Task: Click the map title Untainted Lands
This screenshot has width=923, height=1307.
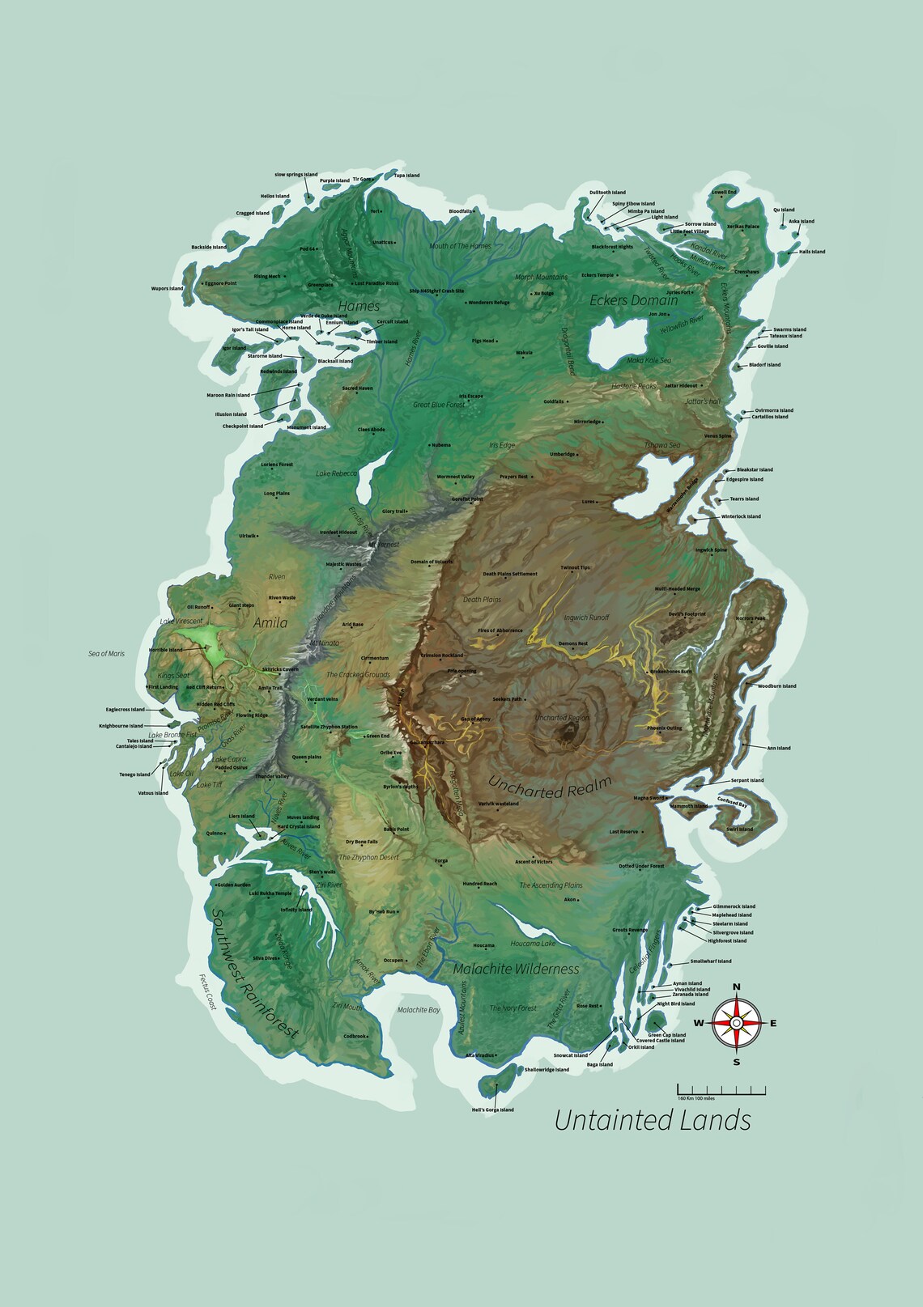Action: coord(653,1120)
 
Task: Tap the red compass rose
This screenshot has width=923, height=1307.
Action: coord(736,1024)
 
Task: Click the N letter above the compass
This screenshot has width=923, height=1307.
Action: coord(736,987)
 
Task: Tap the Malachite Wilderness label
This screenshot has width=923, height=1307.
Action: coord(516,969)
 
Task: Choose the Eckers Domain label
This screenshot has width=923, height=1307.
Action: coord(633,300)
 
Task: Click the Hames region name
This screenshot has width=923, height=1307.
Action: coord(359,306)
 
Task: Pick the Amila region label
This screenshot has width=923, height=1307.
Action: coord(270,623)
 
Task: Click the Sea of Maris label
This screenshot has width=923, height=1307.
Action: coord(107,653)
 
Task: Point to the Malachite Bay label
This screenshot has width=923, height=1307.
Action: coord(419,1010)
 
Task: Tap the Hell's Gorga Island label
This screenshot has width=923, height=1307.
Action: coord(492,1110)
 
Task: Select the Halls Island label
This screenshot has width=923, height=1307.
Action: coord(812,252)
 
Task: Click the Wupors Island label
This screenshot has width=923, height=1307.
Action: coord(167,288)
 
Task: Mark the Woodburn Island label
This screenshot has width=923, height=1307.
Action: coord(776,686)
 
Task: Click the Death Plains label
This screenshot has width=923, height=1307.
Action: coord(482,600)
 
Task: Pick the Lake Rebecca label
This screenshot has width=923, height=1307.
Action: coord(336,473)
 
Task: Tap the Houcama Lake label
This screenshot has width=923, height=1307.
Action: coord(533,944)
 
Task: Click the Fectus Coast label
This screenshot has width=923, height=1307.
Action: coord(209,991)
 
